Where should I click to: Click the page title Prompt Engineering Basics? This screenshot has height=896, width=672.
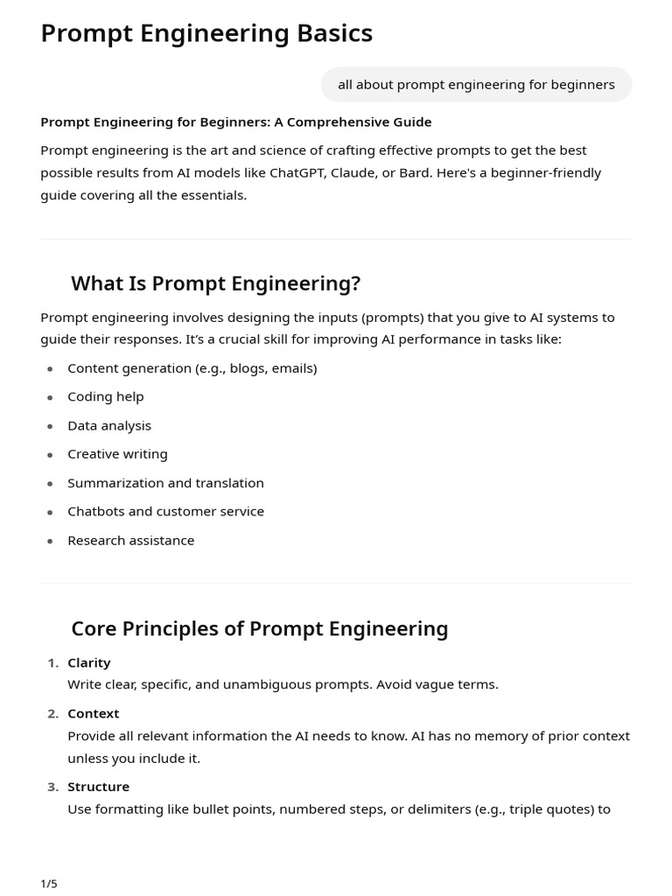(206, 33)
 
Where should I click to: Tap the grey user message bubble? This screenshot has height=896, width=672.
(476, 85)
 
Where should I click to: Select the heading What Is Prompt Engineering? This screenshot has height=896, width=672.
(215, 283)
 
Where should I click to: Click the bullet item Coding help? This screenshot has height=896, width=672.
(105, 396)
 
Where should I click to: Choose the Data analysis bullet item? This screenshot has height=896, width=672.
(109, 425)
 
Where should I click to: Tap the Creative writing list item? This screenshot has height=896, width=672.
(117, 454)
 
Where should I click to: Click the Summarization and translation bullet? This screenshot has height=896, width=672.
(165, 483)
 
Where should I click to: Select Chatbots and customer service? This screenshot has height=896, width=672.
(165, 511)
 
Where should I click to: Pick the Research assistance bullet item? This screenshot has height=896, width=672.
(130, 540)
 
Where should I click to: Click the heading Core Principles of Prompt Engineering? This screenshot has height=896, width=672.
(259, 629)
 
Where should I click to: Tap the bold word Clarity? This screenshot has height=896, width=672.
(89, 662)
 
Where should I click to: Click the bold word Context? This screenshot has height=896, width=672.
(93, 713)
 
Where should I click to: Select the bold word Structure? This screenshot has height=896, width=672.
(98, 787)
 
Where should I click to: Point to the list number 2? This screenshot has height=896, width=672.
(52, 713)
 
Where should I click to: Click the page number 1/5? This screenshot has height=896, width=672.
(49, 884)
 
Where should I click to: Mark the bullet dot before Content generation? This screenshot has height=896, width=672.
(50, 368)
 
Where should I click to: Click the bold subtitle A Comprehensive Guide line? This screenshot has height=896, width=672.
(236, 122)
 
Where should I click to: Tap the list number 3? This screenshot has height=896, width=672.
(52, 787)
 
